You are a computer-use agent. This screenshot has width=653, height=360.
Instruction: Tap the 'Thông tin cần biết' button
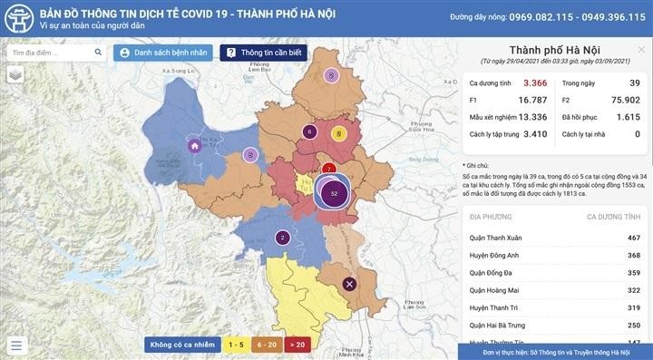click(x=266, y=54)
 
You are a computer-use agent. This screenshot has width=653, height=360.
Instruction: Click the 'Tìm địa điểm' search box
click(x=52, y=54)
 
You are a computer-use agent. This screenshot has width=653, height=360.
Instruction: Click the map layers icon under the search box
click(x=15, y=76)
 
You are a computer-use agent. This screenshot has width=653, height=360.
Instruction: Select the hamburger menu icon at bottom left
click(x=15, y=345)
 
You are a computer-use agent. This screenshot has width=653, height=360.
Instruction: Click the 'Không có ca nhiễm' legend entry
click(x=183, y=345)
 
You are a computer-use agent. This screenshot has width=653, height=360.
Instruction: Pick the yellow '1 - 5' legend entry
click(x=236, y=345)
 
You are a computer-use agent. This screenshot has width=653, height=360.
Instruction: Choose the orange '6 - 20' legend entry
click(x=267, y=345)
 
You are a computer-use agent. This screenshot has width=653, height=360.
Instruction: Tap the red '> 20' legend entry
click(x=297, y=345)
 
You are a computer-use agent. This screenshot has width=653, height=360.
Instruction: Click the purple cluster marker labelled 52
click(x=335, y=193)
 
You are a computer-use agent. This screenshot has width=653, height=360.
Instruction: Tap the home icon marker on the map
click(x=193, y=145)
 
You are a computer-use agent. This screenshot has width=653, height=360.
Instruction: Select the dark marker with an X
click(x=350, y=285)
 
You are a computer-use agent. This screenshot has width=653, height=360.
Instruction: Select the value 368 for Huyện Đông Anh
click(x=628, y=256)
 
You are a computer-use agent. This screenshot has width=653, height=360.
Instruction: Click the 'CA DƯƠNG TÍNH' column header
click(x=614, y=218)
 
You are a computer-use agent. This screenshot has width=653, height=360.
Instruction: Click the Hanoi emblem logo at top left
click(x=18, y=18)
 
